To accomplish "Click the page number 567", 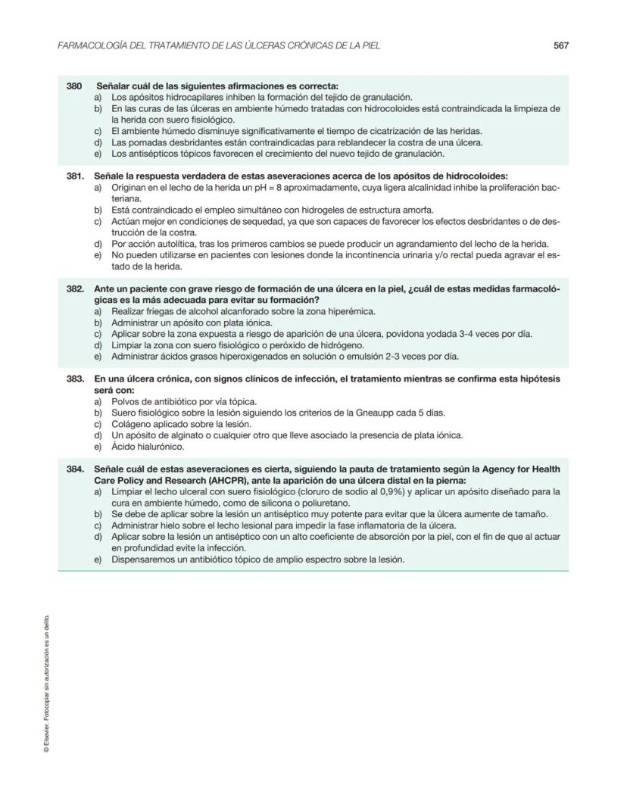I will [560, 45].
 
